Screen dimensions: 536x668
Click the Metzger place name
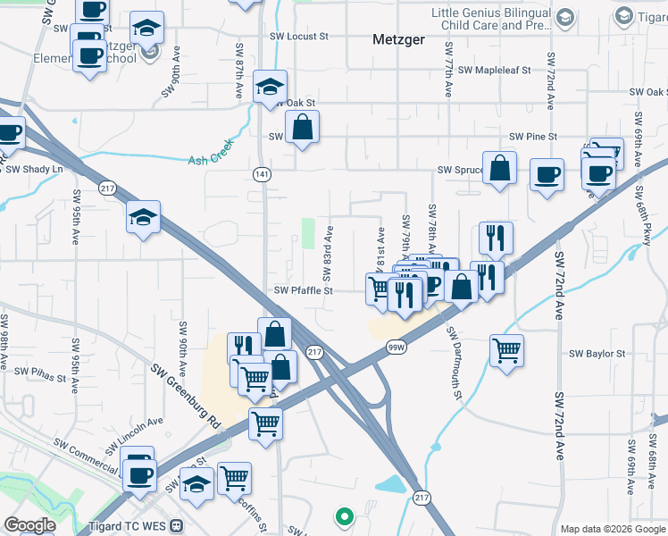[397, 40]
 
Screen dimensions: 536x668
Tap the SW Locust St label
[305, 37]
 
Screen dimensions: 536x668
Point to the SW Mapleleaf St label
[494, 70]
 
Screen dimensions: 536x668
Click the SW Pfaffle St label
[303, 290]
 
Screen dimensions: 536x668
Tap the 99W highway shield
[397, 347]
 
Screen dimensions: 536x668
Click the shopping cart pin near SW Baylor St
[506, 349]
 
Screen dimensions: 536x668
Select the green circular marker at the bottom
[343, 515]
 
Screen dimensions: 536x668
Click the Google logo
[30, 525]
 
